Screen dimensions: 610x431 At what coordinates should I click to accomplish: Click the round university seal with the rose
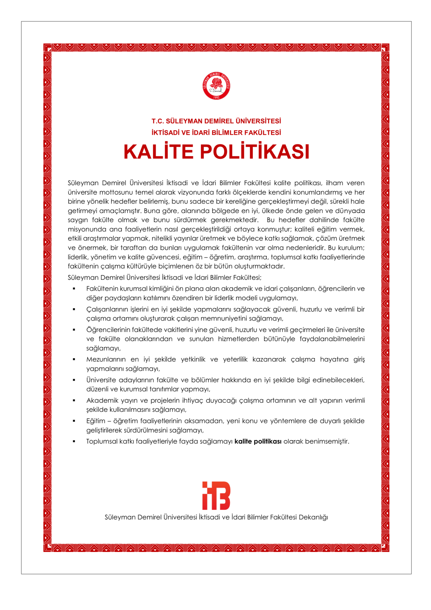coord(216,86)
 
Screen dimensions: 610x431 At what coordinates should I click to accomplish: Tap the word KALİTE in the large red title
coord(159,152)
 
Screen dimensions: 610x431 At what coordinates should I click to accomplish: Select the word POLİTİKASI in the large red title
coord(255,152)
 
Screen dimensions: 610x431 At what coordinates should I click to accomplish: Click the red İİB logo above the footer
coord(216,495)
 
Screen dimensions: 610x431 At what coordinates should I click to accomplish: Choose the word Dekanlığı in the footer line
coord(313,517)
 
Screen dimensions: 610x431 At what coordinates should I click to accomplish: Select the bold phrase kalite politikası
coord(258,441)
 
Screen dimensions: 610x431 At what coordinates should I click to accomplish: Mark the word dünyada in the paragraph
coord(351,211)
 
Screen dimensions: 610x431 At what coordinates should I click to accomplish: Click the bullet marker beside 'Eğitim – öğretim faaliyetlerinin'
coord(74,421)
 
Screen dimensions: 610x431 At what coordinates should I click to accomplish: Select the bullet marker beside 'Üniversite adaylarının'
coord(74,380)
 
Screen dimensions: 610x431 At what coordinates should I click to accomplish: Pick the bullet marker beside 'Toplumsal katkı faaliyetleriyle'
coord(74,441)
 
